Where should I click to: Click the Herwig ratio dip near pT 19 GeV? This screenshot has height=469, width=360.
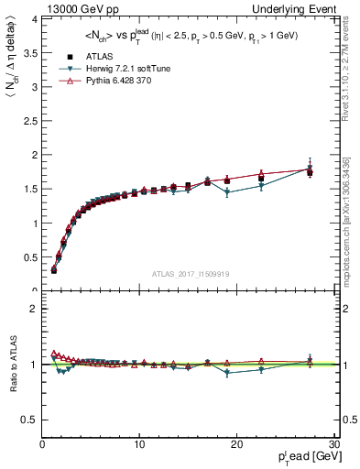coord(226,373)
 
